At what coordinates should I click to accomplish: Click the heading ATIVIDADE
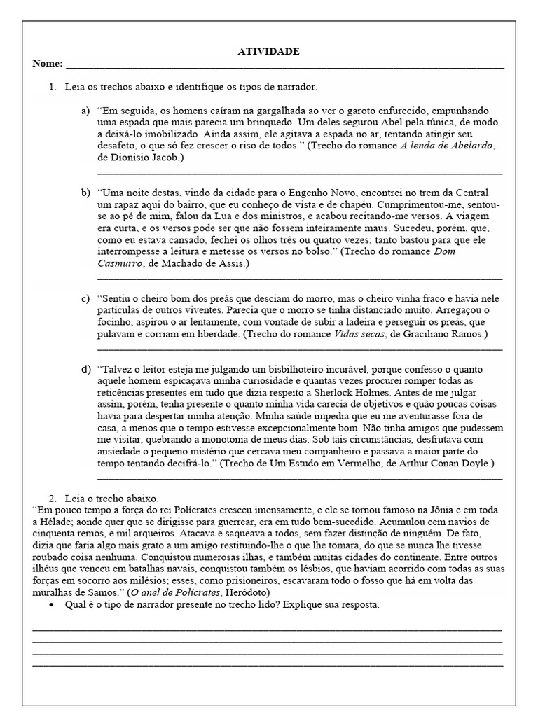[x=268, y=52]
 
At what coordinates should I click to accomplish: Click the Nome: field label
[x=47, y=64]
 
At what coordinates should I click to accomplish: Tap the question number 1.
[x=52, y=88]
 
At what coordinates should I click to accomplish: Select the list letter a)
[x=85, y=111]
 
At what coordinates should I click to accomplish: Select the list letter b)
[x=85, y=193]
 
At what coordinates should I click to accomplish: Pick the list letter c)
[x=85, y=299]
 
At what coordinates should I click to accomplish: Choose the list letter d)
[x=85, y=368]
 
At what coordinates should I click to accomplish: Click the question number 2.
[x=52, y=498]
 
